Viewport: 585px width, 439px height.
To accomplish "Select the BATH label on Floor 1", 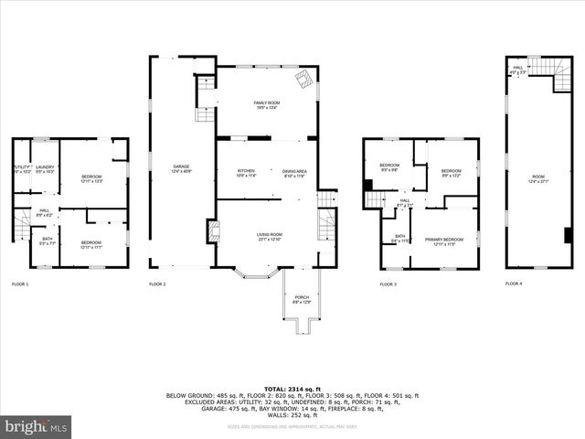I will coord(48,241).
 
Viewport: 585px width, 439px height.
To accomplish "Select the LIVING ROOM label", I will coord(269,237).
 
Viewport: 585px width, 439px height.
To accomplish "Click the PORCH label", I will coord(302,299).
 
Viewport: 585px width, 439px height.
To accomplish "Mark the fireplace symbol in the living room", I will coord(214,231).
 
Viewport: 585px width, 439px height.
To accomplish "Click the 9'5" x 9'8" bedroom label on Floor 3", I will coord(388,167).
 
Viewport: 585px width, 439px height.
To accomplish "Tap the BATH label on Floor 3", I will coord(399,239).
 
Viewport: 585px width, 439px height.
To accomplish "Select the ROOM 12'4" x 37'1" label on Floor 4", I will coord(538,178).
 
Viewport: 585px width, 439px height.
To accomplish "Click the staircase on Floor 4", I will coord(541,67).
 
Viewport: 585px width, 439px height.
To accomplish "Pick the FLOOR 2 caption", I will coord(157,284).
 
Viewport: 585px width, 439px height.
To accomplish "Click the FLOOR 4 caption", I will coord(514,284).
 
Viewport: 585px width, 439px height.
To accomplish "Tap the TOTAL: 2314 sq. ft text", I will coord(292,389).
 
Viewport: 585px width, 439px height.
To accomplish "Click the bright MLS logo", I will coord(37,426).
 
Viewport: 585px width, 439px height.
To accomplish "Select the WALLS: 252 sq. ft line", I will coord(292,414).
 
